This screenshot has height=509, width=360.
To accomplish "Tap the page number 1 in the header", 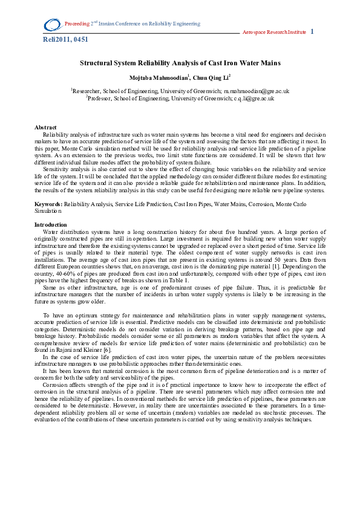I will click(312, 31).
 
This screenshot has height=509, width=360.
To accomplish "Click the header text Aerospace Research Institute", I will click(274, 32).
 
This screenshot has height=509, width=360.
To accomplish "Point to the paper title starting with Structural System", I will click(180, 63).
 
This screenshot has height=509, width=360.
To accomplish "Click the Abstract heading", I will click(45, 128).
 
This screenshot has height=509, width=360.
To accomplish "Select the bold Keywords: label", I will click(49, 206).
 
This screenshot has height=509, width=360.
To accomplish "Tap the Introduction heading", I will click(51, 225).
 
